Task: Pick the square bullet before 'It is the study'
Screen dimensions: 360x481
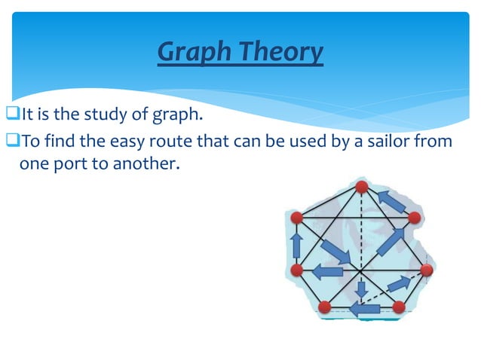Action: click(14, 115)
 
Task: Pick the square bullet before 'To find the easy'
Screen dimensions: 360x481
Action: click(14, 140)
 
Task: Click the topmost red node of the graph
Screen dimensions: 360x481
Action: click(362, 186)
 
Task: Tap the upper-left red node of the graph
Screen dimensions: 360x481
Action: click(297, 218)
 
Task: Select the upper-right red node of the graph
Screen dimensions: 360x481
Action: click(414, 218)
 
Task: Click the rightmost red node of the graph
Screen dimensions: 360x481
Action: click(427, 270)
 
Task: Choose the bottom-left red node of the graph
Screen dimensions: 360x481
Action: click(325, 307)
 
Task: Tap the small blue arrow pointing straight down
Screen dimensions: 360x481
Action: click(362, 289)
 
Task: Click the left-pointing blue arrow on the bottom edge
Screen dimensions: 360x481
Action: click(365, 308)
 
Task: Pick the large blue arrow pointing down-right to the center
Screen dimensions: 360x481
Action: click(335, 252)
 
